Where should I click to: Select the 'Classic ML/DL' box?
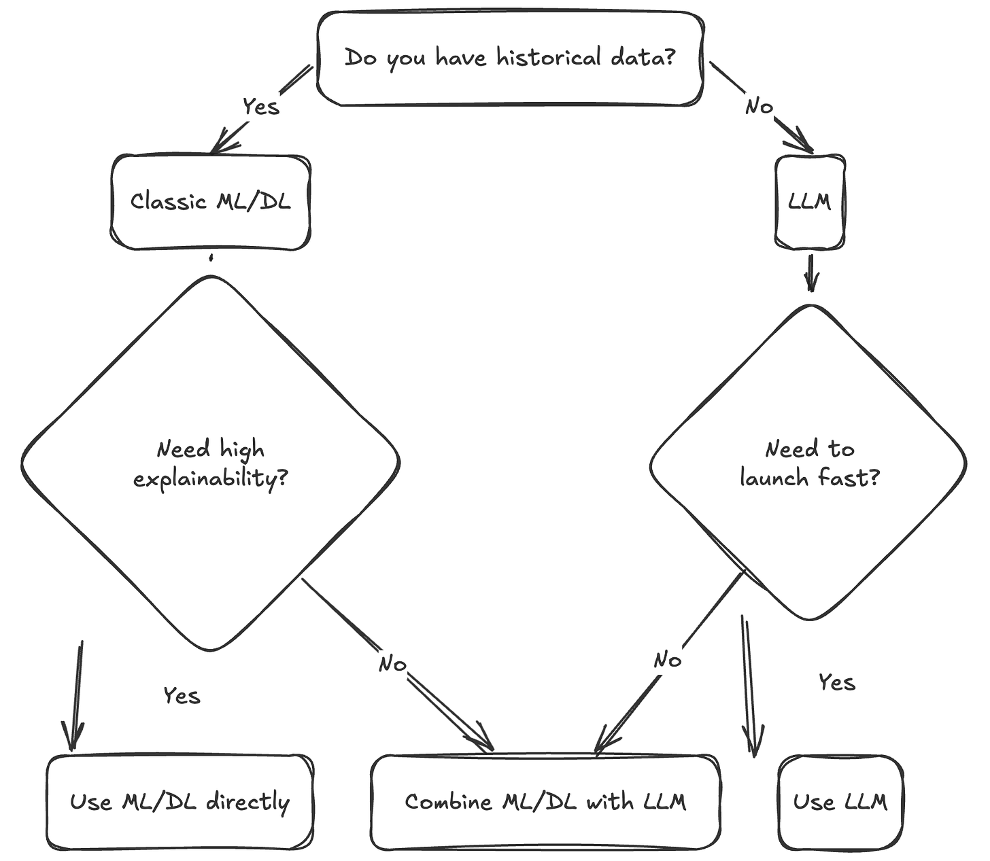tap(211, 202)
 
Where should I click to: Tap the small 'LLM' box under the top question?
tap(811, 202)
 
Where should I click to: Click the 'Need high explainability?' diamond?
tap(211, 463)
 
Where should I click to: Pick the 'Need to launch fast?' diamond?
tap(808, 463)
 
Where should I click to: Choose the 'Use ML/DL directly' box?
tap(180, 802)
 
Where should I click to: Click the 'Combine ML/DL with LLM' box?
tap(545, 802)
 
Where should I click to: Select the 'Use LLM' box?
tap(840, 802)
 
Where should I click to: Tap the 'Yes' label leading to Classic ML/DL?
tap(262, 106)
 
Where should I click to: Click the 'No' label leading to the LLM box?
tap(759, 106)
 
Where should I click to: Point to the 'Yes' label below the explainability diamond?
tap(182, 696)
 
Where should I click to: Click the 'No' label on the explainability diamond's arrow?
tap(393, 663)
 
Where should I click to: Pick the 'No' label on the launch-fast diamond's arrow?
tap(668, 660)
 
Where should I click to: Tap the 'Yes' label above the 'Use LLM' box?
tap(836, 682)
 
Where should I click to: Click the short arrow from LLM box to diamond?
tap(811, 273)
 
